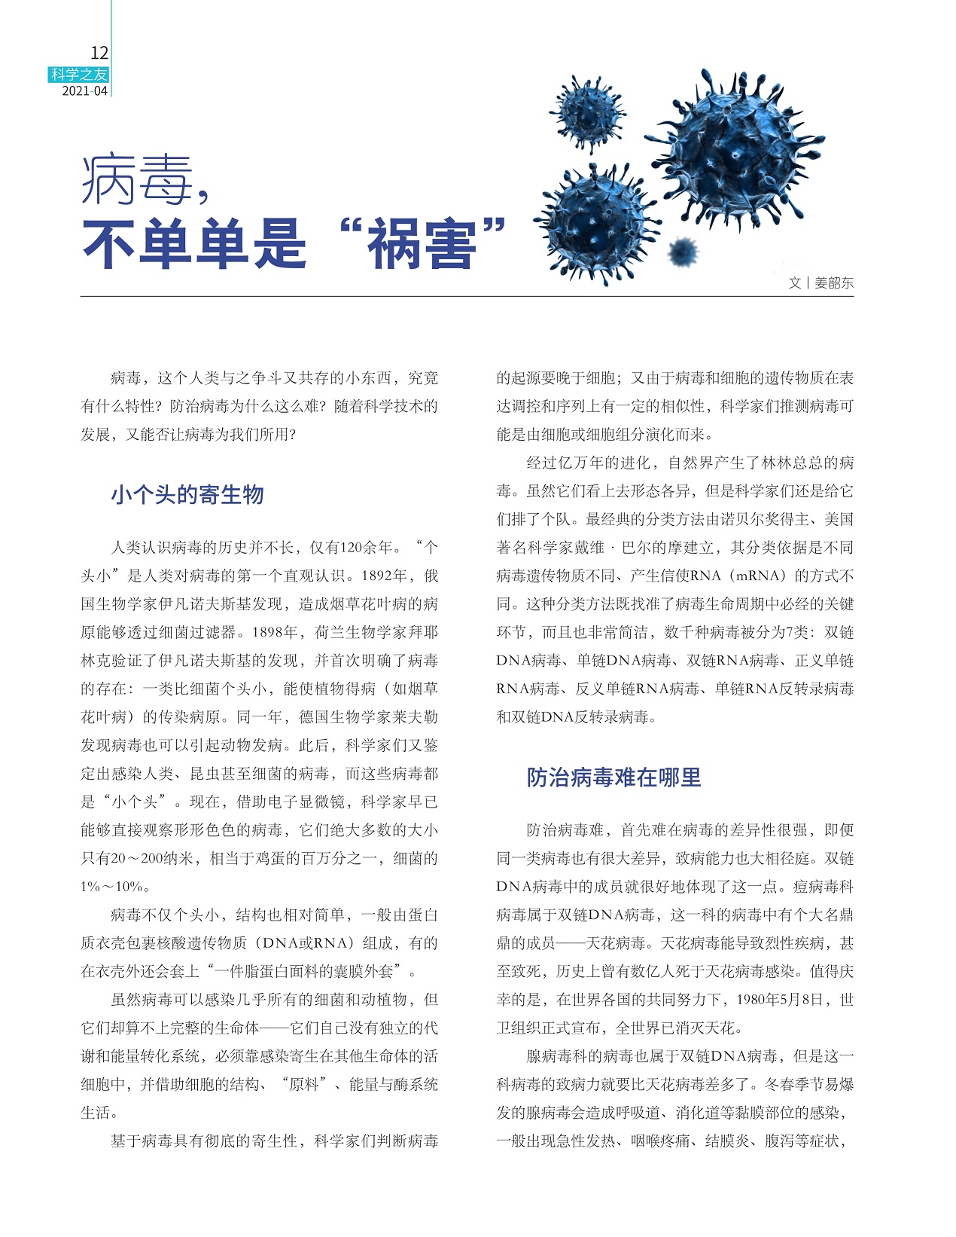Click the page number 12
click(x=99, y=53)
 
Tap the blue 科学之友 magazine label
click(x=79, y=74)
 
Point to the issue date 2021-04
click(x=84, y=91)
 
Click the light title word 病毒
click(x=135, y=181)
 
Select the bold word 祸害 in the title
click(x=422, y=244)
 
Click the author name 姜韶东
click(x=834, y=283)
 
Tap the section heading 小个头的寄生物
click(x=187, y=495)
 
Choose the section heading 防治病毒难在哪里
click(x=613, y=777)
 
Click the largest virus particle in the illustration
click(x=734, y=151)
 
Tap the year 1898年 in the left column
click(x=276, y=633)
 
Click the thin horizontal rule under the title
click(x=467, y=296)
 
